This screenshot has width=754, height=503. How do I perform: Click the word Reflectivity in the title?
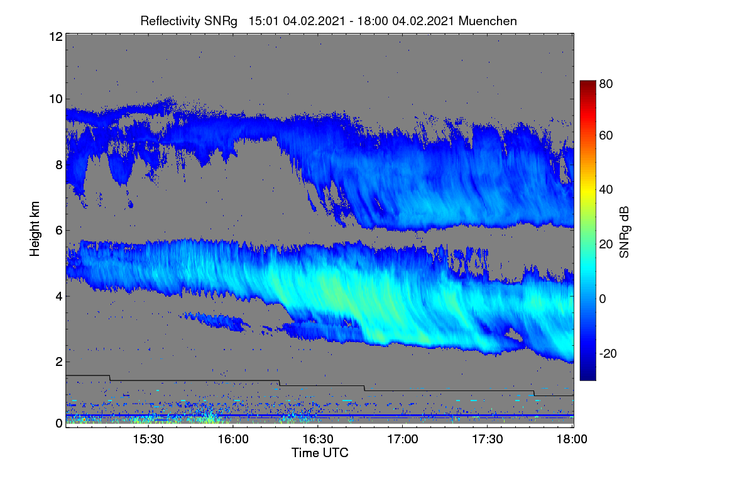tap(170, 21)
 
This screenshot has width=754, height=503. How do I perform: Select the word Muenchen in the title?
tap(488, 21)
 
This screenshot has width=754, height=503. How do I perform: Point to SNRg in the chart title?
tap(221, 21)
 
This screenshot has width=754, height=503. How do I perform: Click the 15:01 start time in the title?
tap(263, 21)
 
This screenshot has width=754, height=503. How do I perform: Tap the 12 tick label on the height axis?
tap(56, 36)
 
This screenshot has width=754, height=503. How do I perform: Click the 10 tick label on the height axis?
tap(56, 99)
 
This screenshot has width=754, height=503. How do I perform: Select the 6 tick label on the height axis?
tap(59, 231)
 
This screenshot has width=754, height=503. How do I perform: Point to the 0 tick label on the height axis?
tap(59, 423)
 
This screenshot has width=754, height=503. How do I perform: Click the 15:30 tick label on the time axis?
tap(148, 439)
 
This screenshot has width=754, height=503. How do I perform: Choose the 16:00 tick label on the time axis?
tap(233, 439)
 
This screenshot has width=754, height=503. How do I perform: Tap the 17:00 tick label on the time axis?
tap(403, 439)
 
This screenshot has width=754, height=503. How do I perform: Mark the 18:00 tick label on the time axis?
tap(572, 439)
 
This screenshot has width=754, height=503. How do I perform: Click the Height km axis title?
tap(35, 229)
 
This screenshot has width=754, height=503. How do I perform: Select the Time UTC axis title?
tap(320, 453)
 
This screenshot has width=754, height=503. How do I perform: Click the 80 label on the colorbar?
tap(606, 84)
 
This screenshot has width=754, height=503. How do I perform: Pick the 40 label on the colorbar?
tap(606, 190)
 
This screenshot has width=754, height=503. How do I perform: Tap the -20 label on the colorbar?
tap(608, 353)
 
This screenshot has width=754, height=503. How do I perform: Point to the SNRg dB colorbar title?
tap(624, 232)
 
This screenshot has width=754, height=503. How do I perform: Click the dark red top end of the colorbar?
tap(587, 82)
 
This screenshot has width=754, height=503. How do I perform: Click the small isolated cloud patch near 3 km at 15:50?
tap(216, 321)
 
